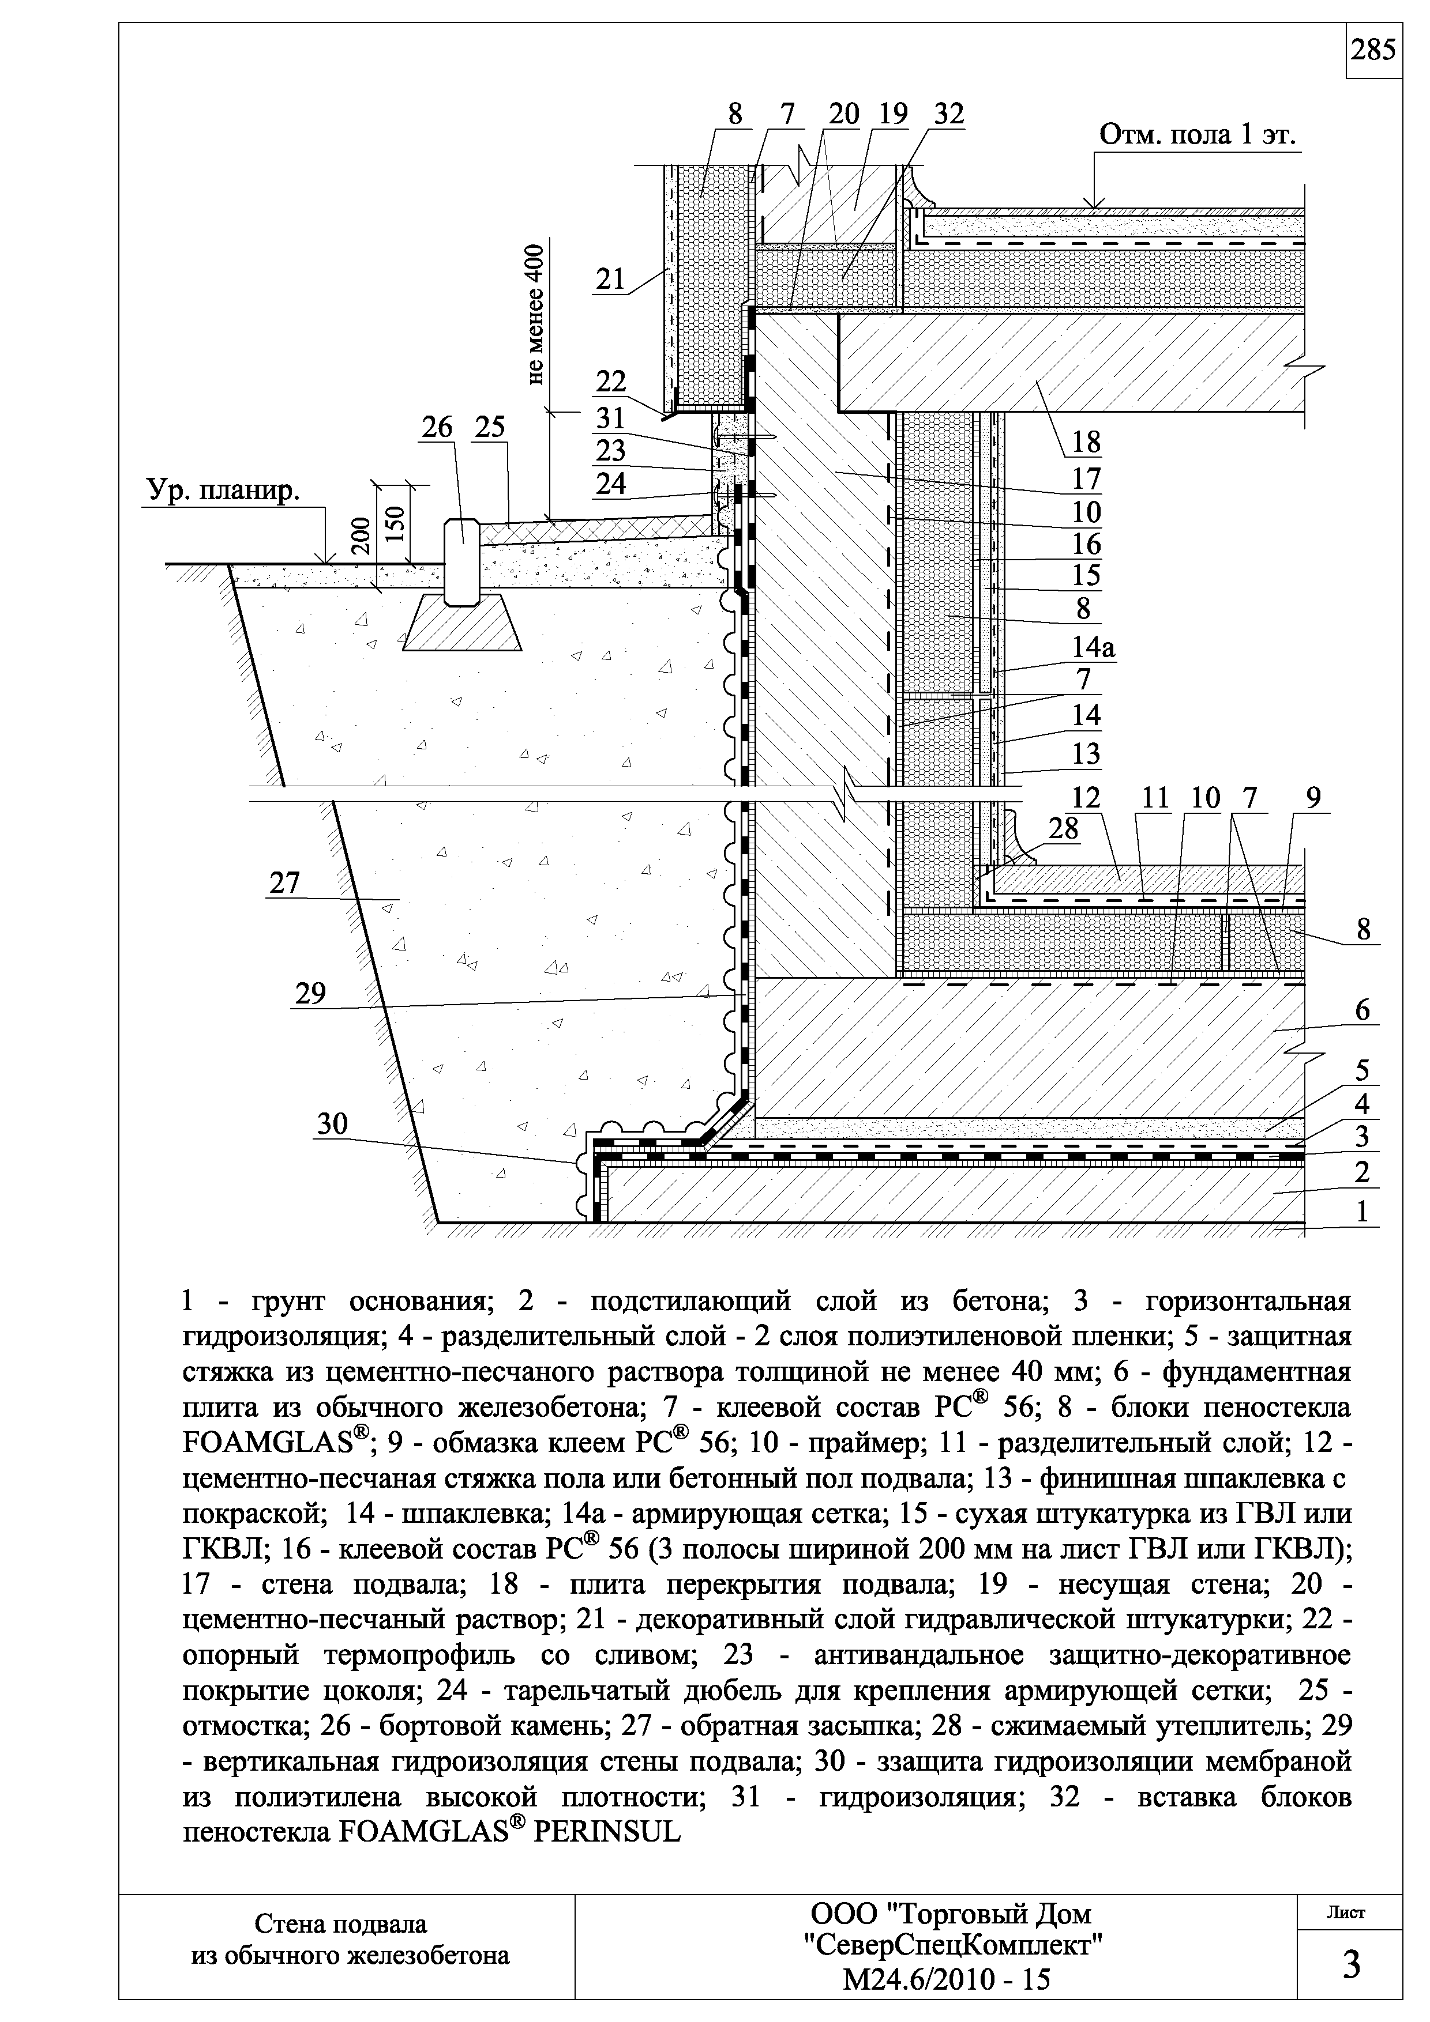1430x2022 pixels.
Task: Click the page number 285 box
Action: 1373,51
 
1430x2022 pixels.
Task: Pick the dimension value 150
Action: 396,526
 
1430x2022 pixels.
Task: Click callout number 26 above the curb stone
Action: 437,428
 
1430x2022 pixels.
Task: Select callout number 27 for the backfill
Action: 284,882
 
